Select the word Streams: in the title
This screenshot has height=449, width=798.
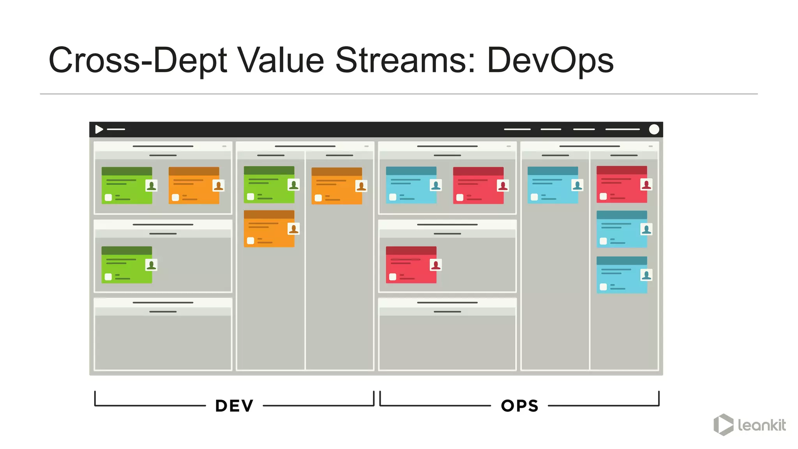click(405, 60)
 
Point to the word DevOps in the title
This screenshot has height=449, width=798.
click(550, 60)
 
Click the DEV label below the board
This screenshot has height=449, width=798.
click(234, 406)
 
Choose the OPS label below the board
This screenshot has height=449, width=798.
click(520, 406)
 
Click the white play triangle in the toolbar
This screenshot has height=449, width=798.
click(99, 129)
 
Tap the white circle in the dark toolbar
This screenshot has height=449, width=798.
click(654, 129)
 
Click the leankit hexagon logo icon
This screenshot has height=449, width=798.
click(723, 424)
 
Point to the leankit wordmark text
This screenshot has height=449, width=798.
click(762, 425)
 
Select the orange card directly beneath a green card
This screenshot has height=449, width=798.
click(269, 229)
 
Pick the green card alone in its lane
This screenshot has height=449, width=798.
click(127, 265)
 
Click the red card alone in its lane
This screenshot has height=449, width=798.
click(411, 265)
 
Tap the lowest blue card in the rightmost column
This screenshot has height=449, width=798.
click(621, 275)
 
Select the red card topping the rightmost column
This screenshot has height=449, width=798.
click(621, 184)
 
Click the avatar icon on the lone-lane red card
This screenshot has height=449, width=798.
click(436, 265)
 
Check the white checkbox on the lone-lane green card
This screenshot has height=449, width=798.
click(108, 277)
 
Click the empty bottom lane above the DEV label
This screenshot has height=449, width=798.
click(163, 342)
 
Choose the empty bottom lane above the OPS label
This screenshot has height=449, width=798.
click(447, 342)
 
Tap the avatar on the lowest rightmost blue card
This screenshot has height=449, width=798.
click(646, 275)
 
